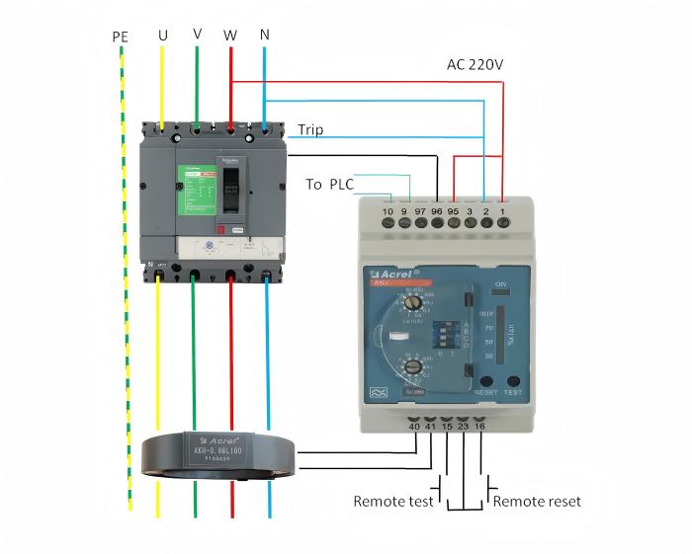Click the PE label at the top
pyautogui.click(x=121, y=38)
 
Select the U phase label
pyautogui.click(x=162, y=36)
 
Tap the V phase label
pyautogui.click(x=197, y=34)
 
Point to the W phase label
pyautogui.click(x=230, y=36)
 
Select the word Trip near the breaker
pyautogui.click(x=310, y=129)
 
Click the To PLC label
pyautogui.click(x=329, y=184)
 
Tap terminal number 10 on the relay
pyautogui.click(x=388, y=211)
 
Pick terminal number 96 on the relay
pyautogui.click(x=437, y=211)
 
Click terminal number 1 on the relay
pyautogui.click(x=502, y=211)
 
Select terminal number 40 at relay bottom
pyautogui.click(x=414, y=427)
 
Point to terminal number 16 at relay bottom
pyautogui.click(x=480, y=427)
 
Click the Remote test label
pyautogui.click(x=393, y=502)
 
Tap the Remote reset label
pyautogui.click(x=537, y=502)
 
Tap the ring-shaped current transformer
pyautogui.click(x=218, y=455)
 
